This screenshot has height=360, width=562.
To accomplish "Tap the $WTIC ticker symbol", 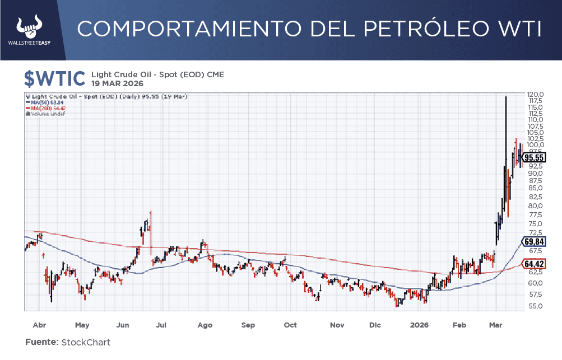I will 54,78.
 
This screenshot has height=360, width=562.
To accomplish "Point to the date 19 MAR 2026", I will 117,83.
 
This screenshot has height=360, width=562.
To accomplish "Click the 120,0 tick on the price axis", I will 535,94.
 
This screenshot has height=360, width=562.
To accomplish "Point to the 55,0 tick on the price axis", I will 535,306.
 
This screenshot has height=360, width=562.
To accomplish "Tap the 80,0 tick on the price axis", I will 535,205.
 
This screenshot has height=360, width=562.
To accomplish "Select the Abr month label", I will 39,325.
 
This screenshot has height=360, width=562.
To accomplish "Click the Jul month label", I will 161,325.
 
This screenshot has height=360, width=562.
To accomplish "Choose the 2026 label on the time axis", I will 419,325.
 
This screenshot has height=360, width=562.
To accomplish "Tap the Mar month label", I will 495,325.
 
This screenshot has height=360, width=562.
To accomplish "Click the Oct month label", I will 290,325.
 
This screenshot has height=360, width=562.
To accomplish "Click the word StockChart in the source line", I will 86,342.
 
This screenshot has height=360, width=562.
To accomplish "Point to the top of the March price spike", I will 506,97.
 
